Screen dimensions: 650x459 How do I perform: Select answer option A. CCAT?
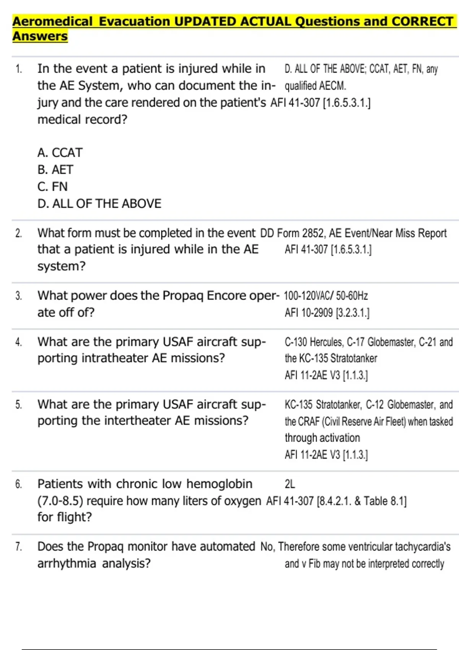click(60, 153)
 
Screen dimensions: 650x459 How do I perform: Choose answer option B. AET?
click(55, 169)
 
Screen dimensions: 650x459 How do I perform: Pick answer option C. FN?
click(52, 187)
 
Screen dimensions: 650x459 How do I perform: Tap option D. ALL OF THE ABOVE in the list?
click(99, 203)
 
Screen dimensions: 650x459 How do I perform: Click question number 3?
click(18, 296)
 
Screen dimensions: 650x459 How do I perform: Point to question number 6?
click(18, 484)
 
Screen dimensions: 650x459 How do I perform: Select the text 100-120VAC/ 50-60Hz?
click(326, 296)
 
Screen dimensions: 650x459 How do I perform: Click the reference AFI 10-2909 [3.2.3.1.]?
click(327, 313)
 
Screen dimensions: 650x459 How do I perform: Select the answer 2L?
click(290, 484)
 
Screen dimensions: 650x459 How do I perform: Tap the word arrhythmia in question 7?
click(67, 563)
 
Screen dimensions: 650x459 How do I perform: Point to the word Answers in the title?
click(40, 36)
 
